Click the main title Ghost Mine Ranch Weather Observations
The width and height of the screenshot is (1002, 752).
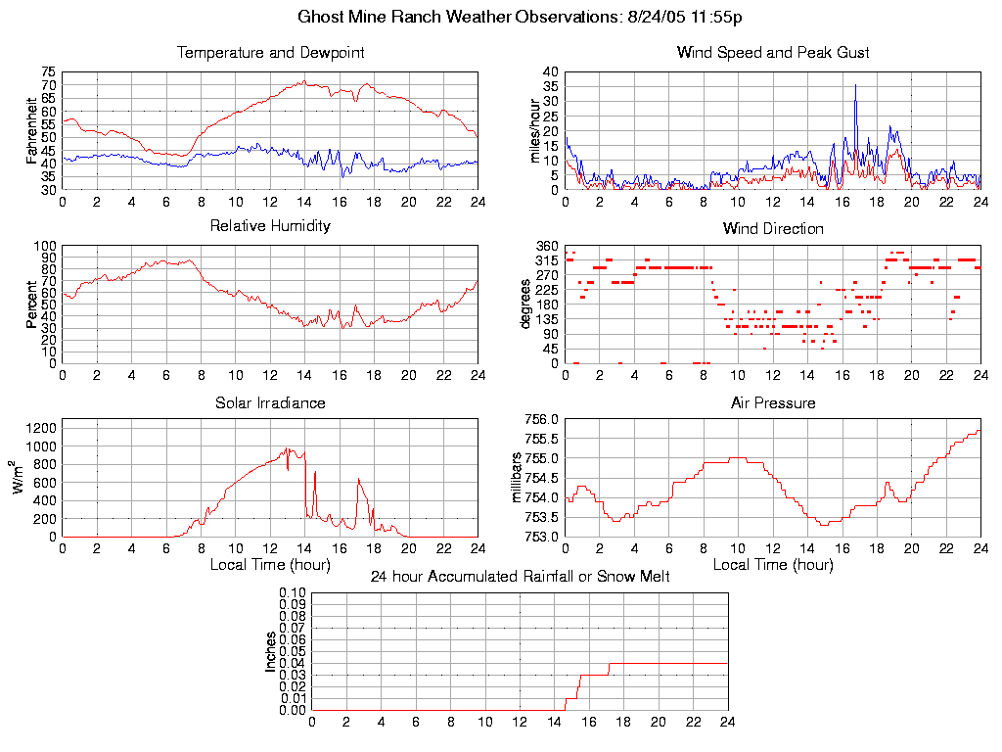point(500,17)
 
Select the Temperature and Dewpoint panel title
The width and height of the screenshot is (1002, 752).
point(270,53)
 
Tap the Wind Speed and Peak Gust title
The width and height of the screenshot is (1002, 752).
point(773,53)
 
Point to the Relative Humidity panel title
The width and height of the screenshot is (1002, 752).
point(270,226)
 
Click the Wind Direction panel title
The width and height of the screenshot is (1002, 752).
point(773,228)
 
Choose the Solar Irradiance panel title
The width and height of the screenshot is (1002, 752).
point(270,402)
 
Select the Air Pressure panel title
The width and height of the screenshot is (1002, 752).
point(773,402)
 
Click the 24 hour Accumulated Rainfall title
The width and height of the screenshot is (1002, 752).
point(520,577)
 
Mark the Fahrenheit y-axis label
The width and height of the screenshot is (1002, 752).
point(31,131)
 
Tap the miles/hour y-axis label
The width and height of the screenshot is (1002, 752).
point(535,131)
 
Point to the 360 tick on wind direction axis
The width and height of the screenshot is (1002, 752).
point(547,246)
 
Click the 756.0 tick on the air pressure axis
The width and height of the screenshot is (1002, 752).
point(542,419)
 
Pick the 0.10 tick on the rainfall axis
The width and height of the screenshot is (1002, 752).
point(293,593)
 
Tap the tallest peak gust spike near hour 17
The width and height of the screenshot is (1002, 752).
point(856,85)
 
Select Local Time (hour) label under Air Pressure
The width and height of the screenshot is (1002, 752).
point(773,565)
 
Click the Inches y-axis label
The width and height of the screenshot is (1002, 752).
point(270,651)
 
